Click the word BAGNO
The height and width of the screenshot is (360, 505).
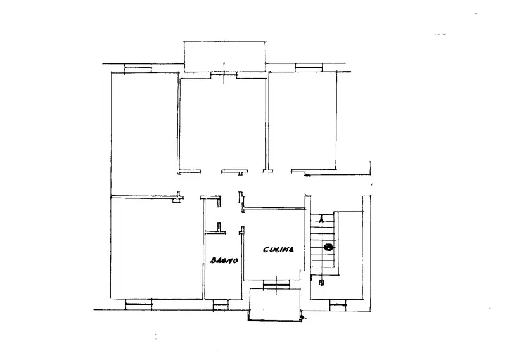point(224,260)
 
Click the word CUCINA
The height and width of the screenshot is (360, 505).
point(279,250)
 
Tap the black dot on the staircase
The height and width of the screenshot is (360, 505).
point(328,247)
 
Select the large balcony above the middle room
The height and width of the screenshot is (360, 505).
point(225,56)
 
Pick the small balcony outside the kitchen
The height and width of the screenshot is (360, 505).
point(276,305)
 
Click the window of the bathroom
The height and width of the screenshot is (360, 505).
point(221,305)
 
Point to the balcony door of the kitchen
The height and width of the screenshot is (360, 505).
point(276,285)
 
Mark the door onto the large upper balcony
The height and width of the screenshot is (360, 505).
point(224,74)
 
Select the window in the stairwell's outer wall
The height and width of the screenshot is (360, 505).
point(338,305)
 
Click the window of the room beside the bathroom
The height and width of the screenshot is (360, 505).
point(139,304)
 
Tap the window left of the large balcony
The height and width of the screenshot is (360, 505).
point(138,68)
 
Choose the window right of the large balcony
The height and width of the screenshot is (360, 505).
point(309,67)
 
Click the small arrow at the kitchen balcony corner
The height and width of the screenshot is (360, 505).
point(304,318)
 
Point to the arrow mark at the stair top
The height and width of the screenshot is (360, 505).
point(321,221)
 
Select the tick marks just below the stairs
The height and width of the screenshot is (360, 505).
point(321,283)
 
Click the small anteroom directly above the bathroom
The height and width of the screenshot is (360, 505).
point(212,214)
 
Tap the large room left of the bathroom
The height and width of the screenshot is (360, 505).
point(157,248)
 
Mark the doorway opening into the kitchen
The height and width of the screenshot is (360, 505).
point(242,220)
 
